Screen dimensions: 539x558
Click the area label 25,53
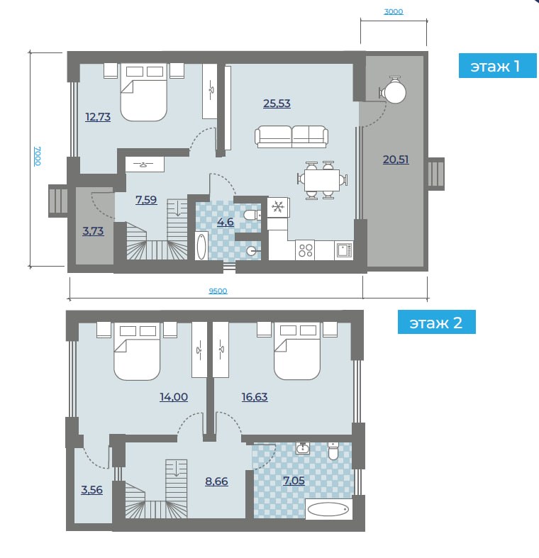[277, 104]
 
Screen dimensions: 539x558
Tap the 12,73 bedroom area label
[98, 117]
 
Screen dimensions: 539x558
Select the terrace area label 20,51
[396, 160]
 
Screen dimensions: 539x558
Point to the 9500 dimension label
[218, 291]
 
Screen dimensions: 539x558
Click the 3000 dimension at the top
[394, 12]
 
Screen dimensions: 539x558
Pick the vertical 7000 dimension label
[38, 156]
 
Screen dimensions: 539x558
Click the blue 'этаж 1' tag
[497, 65]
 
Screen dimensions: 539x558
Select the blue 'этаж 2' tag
[436, 322]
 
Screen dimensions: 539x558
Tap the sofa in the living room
[291, 137]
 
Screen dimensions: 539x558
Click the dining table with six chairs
[322, 180]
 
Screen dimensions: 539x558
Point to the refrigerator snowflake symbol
[278, 207]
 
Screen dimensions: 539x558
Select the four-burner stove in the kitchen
[306, 250]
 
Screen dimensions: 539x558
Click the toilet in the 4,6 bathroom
[252, 216]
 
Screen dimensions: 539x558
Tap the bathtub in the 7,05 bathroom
[328, 509]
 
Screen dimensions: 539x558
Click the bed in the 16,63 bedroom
[297, 350]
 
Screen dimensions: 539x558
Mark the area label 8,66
[216, 481]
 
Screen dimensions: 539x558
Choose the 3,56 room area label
[91, 490]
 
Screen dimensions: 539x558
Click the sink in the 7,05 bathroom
[302, 448]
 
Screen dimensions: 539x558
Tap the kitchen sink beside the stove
[343, 250]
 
